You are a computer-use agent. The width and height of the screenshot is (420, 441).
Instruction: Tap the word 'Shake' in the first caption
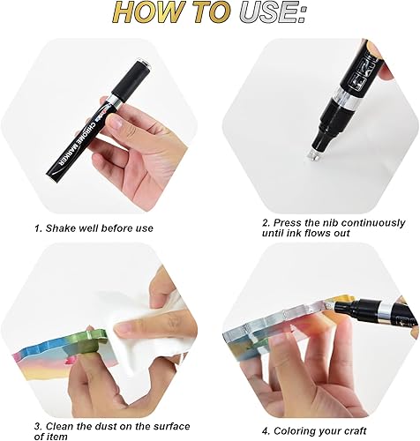(x=64, y=228)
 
